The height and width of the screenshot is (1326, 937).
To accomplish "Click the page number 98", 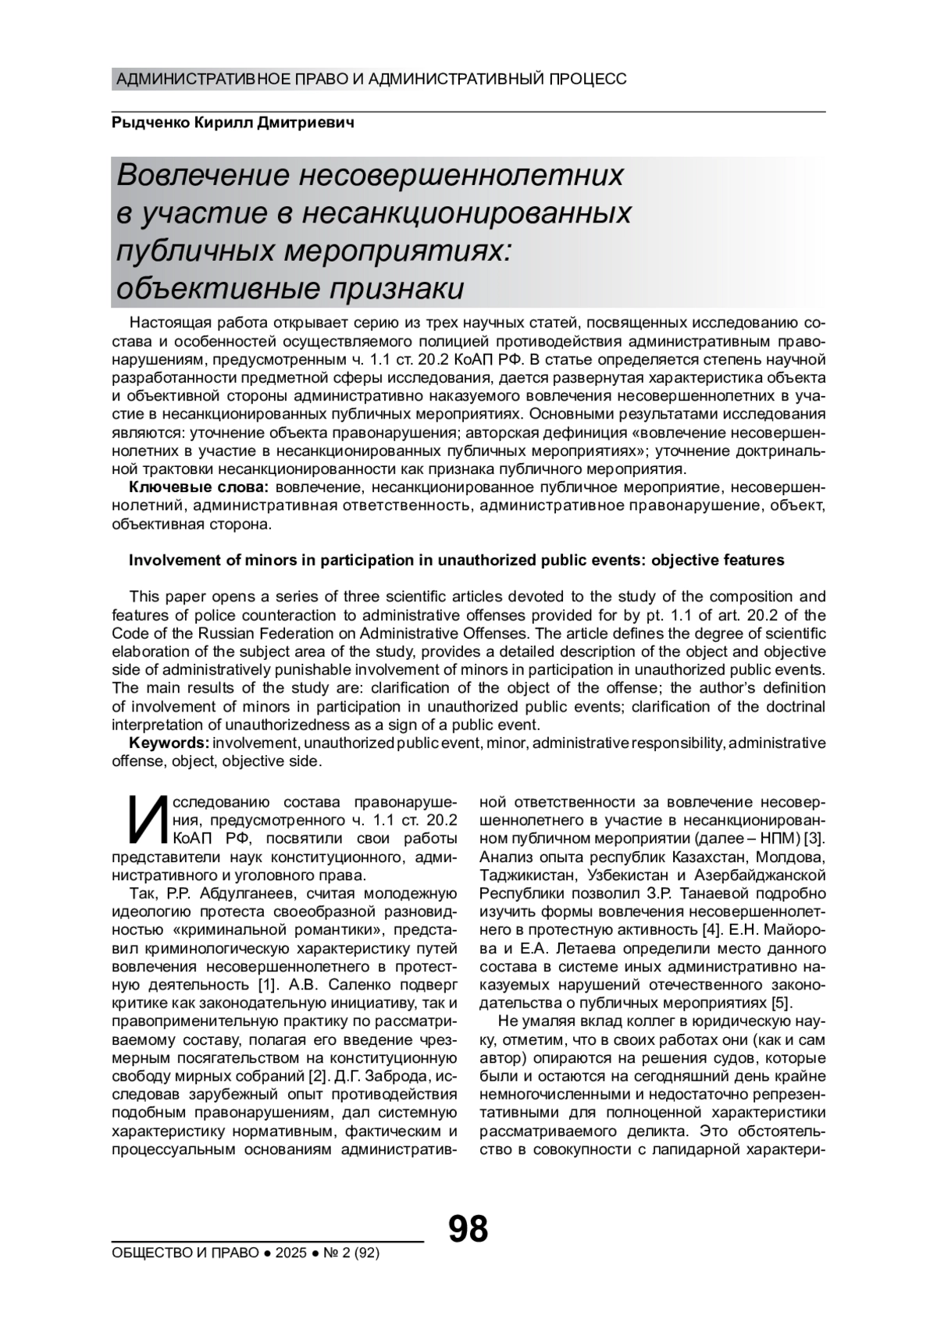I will (x=468, y=1228).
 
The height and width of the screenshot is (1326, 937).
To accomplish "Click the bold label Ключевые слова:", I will (x=198, y=487).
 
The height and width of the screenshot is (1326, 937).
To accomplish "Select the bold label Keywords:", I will (x=169, y=742).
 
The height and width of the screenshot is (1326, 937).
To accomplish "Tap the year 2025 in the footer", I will (x=290, y=1253).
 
